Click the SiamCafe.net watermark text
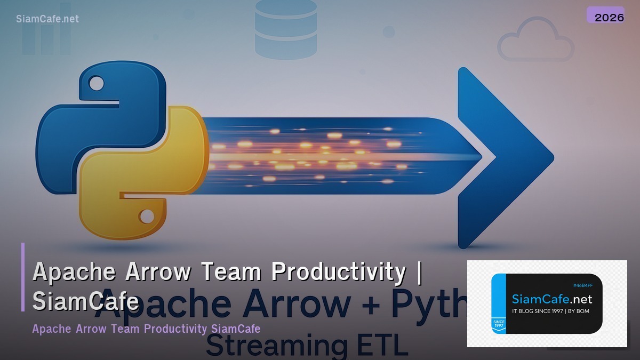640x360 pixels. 47,19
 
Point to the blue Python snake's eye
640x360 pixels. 97,83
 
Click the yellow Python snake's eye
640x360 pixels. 146,216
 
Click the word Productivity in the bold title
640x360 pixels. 338,272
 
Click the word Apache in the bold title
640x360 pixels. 75,272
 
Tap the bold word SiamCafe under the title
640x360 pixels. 85,302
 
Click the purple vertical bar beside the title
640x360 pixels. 23,277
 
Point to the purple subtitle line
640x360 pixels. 146,329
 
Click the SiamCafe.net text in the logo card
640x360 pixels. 551,299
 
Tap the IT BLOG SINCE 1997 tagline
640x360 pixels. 550,311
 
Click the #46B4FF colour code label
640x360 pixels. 582,285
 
